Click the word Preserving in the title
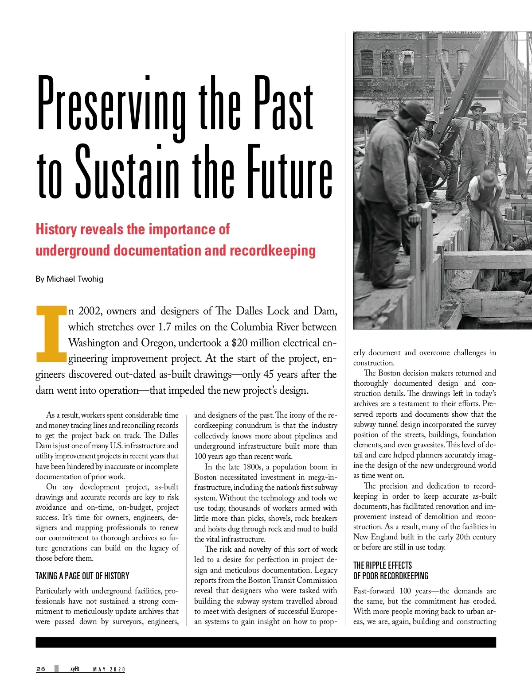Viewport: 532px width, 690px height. click(x=111, y=104)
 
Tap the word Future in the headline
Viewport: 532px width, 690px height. click(x=289, y=172)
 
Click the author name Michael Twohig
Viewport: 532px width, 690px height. click(x=75, y=279)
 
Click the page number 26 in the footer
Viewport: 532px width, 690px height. click(x=41, y=669)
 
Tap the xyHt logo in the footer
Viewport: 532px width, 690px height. click(x=74, y=669)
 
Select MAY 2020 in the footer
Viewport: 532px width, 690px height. click(x=109, y=669)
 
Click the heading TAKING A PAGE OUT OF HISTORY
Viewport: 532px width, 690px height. click(x=82, y=576)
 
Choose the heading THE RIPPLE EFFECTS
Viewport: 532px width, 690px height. click(x=383, y=565)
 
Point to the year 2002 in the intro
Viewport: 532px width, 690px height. click(x=90, y=311)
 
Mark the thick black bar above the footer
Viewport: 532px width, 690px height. click(x=266, y=642)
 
